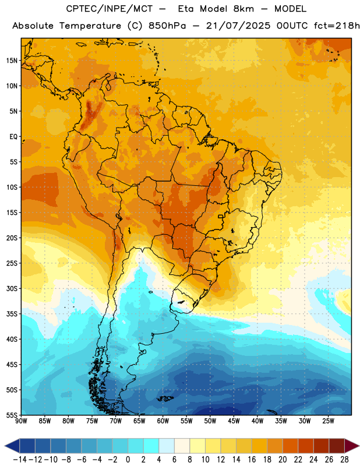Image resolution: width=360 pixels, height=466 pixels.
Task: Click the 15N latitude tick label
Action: (12, 61)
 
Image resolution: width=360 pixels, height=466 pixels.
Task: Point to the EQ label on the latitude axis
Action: (13, 137)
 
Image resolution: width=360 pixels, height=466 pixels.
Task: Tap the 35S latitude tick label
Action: (12, 314)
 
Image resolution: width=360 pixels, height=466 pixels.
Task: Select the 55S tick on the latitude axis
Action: (12, 415)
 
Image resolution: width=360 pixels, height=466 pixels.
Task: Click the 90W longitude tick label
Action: (21, 421)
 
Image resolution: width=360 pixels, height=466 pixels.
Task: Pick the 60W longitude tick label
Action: (163, 421)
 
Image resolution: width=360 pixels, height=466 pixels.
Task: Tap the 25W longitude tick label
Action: (328, 421)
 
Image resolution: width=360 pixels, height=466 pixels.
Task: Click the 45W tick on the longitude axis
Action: (234, 421)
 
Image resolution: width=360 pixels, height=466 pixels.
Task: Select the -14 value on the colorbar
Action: (20, 460)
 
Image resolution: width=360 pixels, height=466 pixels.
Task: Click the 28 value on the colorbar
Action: (344, 460)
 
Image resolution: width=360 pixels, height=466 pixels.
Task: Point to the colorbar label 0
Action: (128, 460)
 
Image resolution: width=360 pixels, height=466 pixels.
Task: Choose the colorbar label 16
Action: (252, 460)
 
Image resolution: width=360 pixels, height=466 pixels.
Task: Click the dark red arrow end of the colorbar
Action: (351, 446)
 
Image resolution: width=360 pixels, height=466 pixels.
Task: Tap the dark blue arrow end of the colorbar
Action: (12, 446)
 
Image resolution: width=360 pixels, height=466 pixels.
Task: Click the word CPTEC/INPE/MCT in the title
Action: (109, 9)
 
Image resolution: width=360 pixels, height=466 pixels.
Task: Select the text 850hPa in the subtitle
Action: (167, 26)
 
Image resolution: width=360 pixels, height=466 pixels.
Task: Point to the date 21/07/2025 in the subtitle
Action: (238, 26)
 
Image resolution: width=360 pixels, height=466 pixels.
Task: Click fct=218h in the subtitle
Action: (337, 26)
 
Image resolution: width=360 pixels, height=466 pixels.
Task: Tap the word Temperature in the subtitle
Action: (90, 26)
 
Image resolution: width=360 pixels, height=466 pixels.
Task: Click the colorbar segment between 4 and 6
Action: (167, 446)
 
